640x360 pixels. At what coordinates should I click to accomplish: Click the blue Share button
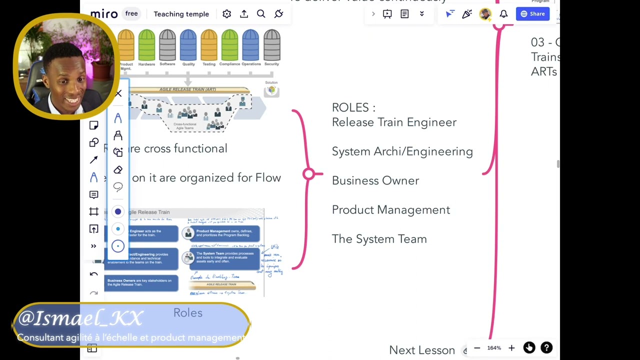532,14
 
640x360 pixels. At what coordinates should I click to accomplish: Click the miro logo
104,14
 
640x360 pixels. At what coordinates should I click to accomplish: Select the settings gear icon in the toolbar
226,14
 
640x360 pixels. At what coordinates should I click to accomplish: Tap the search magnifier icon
261,14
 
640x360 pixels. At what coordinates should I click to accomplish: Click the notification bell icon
503,14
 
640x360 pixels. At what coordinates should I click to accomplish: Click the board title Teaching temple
181,14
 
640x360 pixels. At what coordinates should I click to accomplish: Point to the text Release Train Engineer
394,122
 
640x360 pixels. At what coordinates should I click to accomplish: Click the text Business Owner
375,181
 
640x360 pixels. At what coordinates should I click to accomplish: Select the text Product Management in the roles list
390,210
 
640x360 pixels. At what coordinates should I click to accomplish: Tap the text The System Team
379,239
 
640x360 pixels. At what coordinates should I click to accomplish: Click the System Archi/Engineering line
402,151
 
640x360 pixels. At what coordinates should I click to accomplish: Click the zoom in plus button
511,348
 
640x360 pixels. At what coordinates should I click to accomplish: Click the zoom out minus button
477,348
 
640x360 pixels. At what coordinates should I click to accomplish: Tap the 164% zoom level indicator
494,348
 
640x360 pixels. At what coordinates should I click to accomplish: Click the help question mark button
546,347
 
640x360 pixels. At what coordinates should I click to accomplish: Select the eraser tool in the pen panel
118,170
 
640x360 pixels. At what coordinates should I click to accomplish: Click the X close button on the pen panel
118,93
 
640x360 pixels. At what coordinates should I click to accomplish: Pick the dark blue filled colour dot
118,211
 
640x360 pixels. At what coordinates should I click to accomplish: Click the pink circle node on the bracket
308,173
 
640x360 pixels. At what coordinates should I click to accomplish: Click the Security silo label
271,64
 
